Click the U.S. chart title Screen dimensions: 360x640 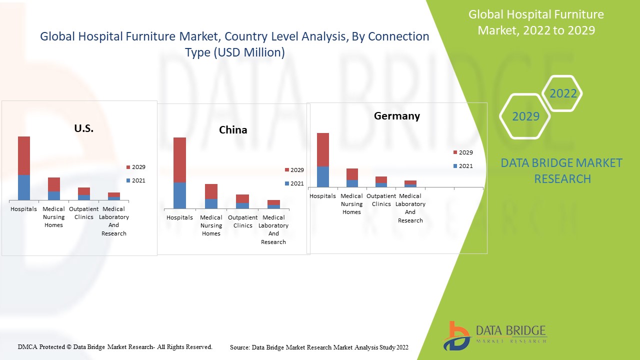point(84,128)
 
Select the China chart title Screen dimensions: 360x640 point(233,130)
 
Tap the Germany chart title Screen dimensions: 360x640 point(397,116)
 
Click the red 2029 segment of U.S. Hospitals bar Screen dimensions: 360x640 point(24,155)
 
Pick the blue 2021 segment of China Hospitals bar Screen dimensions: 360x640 point(179,195)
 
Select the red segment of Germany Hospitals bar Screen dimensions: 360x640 point(323,149)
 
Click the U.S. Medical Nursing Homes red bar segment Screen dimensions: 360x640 point(54,184)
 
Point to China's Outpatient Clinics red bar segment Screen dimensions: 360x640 point(242,198)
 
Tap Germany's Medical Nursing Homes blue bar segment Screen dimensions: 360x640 point(352,183)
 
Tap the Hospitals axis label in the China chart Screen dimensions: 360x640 point(179,217)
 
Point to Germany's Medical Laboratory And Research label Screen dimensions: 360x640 point(410,208)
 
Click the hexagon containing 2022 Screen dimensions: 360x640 point(563,93)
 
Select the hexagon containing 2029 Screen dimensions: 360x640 point(525,116)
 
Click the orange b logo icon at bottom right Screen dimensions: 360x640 point(456,335)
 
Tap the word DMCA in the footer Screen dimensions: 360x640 point(27,346)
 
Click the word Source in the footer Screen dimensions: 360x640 point(239,347)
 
